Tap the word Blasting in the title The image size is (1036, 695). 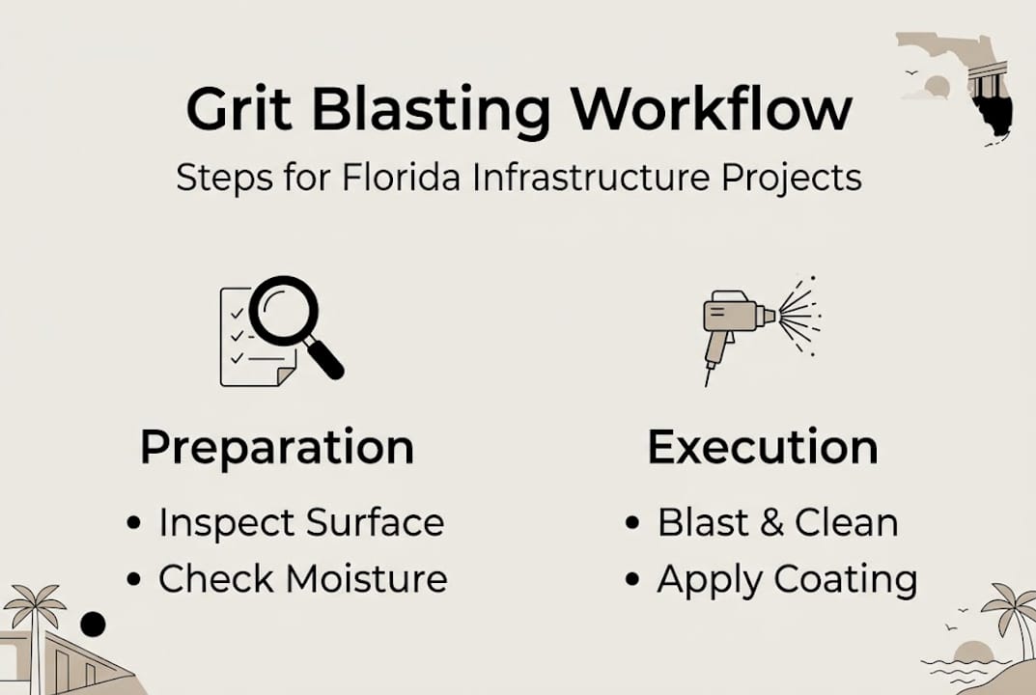432,110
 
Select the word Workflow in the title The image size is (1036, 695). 711,108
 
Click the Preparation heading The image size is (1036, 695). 277,448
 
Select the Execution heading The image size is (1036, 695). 763,448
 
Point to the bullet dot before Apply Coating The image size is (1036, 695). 632,580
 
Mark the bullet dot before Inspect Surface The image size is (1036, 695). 134,523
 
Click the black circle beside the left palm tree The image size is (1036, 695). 93,625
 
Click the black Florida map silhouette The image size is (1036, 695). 992,111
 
